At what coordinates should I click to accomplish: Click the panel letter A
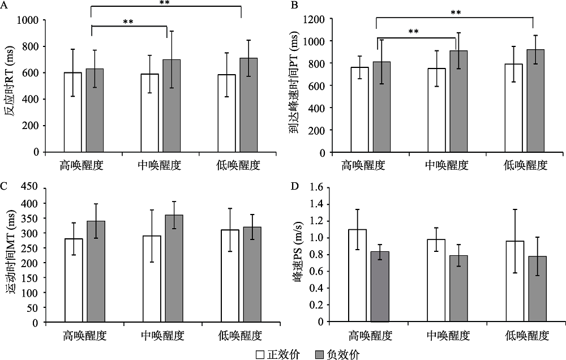[6, 5]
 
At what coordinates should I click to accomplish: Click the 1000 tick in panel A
[29, 20]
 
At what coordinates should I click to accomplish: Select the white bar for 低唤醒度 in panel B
[514, 108]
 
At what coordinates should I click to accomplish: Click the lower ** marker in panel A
[128, 23]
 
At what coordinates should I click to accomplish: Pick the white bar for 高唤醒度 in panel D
[357, 275]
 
